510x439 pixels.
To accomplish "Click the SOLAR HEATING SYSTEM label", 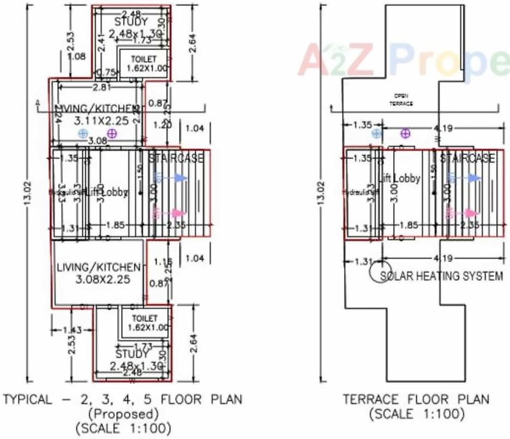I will coord(441,276).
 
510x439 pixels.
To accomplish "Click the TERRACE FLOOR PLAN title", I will coord(416,399).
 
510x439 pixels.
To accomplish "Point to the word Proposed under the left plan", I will coord(126,413).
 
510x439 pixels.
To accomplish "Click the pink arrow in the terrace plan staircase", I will coord(470,213).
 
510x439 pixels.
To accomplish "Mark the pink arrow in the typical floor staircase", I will coord(177,213).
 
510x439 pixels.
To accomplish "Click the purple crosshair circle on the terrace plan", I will coord(405,134).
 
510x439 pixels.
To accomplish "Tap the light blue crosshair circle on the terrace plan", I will coord(376,134).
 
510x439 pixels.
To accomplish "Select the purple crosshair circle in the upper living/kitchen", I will coord(112,134).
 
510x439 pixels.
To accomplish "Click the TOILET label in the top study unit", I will coord(143,59).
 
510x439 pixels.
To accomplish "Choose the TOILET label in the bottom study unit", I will coord(144,318).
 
